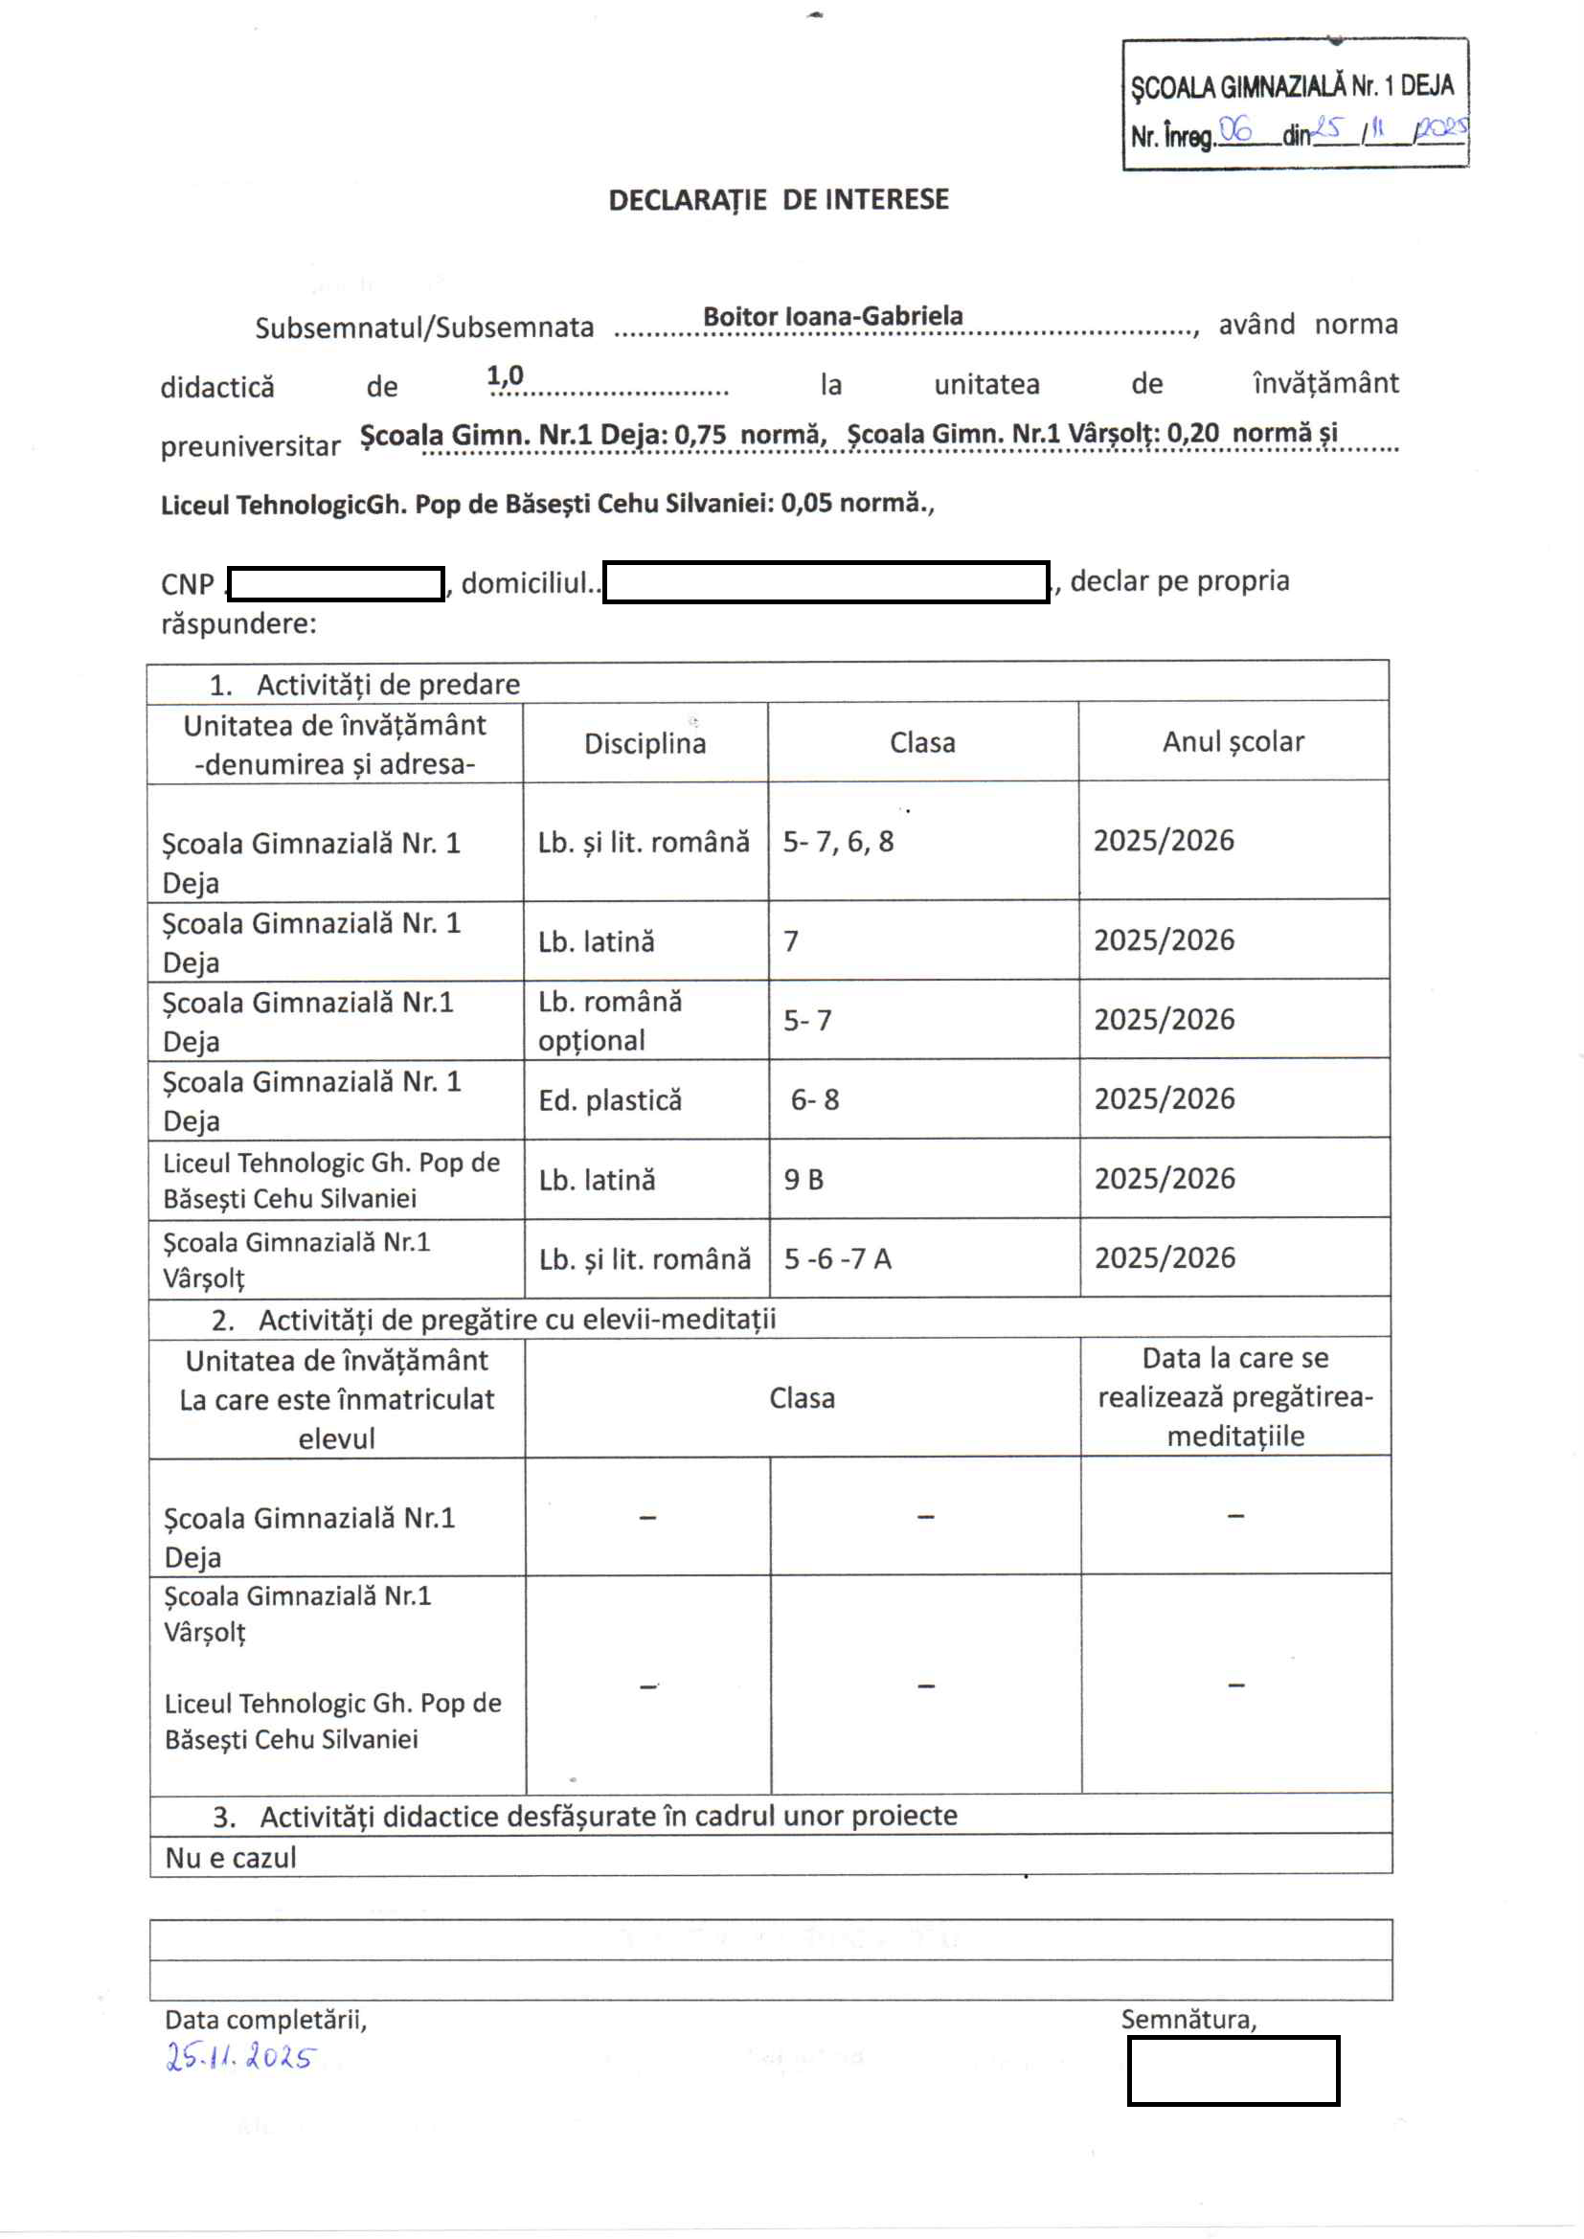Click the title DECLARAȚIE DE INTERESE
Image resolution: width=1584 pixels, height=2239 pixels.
click(779, 200)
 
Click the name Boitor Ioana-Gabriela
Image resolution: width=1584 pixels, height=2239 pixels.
click(832, 316)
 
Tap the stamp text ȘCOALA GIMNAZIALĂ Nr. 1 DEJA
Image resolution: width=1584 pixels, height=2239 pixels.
click(1291, 87)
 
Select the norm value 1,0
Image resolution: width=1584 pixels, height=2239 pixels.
click(506, 375)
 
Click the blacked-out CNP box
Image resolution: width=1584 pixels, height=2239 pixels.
click(335, 584)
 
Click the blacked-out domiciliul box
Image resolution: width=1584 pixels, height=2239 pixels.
click(826, 582)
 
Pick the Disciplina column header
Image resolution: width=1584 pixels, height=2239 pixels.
click(645, 744)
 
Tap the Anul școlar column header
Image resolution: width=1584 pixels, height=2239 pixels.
click(1233, 742)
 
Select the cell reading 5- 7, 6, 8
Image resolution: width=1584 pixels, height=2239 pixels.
click(838, 842)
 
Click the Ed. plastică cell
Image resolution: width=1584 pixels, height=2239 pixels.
click(611, 1101)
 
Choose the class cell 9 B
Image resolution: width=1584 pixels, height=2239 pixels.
click(803, 1180)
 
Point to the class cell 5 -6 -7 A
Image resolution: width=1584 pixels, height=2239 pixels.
click(838, 1259)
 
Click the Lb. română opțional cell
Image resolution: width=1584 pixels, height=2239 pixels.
click(611, 1021)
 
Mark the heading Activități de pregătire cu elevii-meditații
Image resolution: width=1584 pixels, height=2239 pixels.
click(517, 1320)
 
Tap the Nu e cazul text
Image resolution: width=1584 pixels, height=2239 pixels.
click(231, 1858)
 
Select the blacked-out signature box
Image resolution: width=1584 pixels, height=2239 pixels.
click(1233, 2069)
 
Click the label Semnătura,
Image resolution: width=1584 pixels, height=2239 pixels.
click(1188, 2019)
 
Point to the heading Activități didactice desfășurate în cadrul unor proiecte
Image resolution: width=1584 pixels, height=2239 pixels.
click(608, 1816)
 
